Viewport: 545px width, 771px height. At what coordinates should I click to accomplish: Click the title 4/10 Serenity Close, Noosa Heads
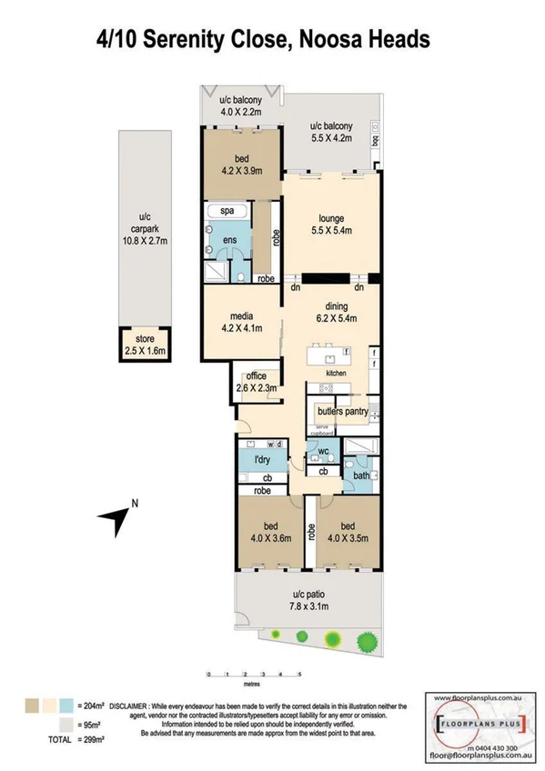(x=263, y=40)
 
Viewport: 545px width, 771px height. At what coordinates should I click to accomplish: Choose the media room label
(x=241, y=318)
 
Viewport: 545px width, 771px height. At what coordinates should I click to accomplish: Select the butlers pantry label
(x=341, y=411)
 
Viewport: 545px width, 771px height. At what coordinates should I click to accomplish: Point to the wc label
(x=324, y=451)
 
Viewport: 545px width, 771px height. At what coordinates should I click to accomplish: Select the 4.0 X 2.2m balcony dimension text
(x=240, y=112)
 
